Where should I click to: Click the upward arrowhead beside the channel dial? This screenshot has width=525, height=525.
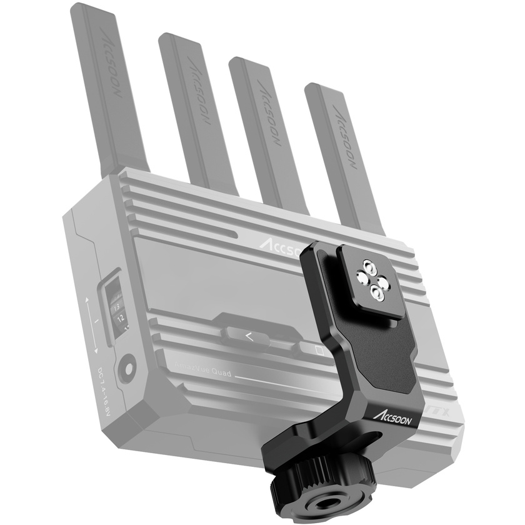point(87,301)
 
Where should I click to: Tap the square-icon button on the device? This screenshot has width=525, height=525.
point(319,349)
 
